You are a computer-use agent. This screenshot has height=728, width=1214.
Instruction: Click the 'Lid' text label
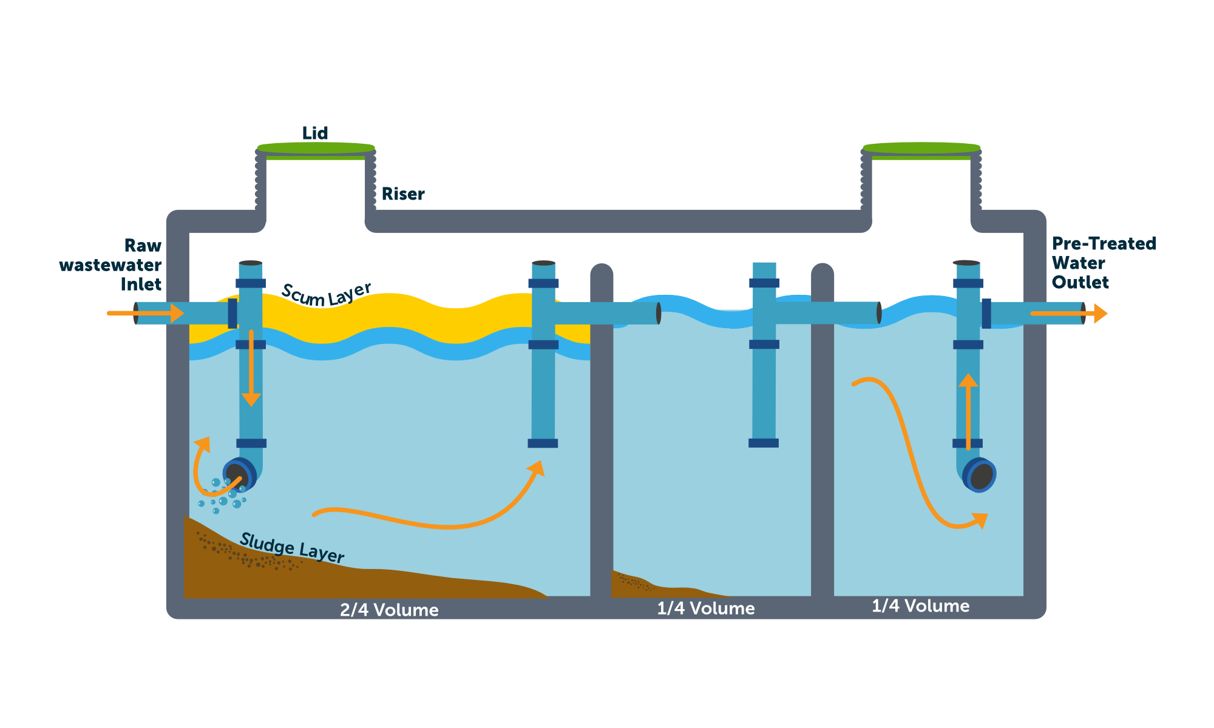click(x=315, y=133)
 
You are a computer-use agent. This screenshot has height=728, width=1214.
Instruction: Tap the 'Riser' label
click(x=403, y=194)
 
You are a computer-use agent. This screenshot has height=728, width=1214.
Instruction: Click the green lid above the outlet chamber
click(x=921, y=148)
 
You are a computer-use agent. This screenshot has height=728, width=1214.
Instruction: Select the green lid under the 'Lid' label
click(x=316, y=148)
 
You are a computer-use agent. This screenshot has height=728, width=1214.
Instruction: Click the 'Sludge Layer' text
click(x=292, y=548)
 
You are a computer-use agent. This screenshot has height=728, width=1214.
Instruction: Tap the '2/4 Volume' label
click(x=389, y=610)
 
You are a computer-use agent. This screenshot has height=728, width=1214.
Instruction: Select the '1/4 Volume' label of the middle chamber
click(x=706, y=608)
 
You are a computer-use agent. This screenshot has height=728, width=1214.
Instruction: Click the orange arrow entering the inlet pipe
click(x=146, y=313)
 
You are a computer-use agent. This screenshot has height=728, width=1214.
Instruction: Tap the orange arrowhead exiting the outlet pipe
click(x=1100, y=314)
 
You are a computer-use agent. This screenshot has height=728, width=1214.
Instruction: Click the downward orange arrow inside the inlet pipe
click(x=251, y=370)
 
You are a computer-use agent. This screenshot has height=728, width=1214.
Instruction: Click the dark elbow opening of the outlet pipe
click(x=981, y=475)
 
